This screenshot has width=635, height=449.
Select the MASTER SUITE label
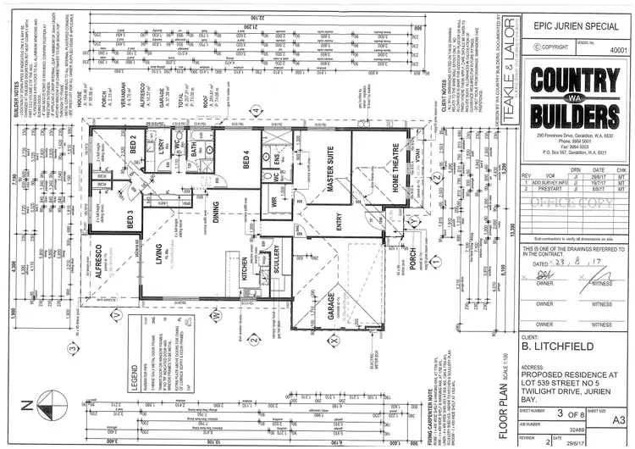332,180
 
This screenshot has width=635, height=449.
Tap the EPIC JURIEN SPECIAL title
569,26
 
